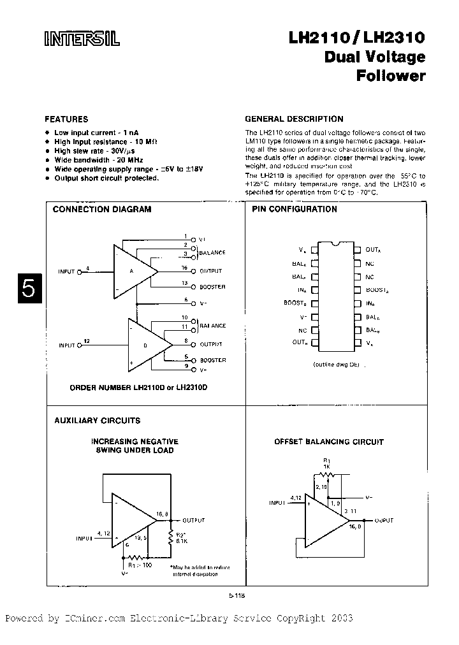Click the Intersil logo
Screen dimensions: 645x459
click(82, 40)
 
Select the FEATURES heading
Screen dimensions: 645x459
click(66, 119)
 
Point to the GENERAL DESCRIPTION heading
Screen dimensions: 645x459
click(294, 119)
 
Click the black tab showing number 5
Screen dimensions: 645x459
click(28, 288)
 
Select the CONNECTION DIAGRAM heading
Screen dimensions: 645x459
click(101, 209)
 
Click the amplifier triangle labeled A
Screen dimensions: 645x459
click(133, 270)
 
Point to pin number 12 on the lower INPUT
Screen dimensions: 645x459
click(87, 342)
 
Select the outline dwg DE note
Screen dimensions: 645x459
click(336, 364)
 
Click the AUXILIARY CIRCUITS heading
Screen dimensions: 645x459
click(97, 421)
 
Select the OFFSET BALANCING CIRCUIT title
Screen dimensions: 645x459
click(329, 442)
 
